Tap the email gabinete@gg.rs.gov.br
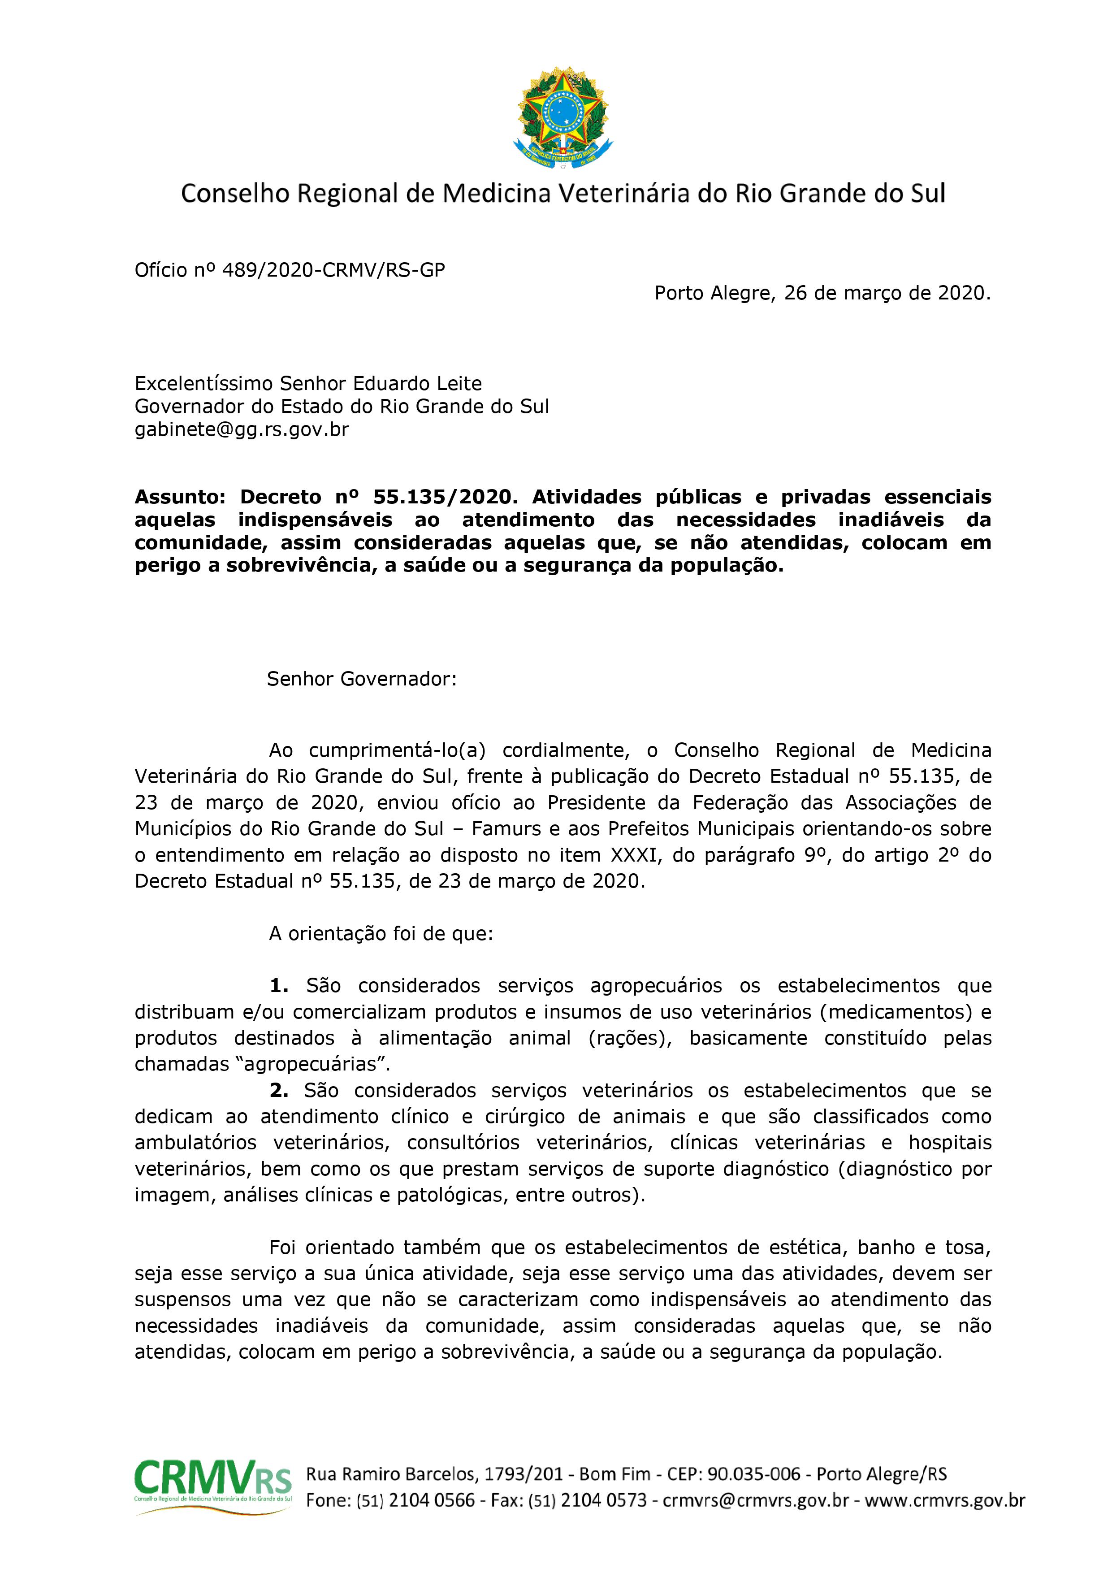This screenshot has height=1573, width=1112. pyautogui.click(x=242, y=429)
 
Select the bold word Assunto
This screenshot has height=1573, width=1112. pyautogui.click(x=180, y=496)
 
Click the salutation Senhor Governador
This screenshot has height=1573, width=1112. pyautogui.click(x=361, y=679)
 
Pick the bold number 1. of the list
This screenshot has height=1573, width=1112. pyautogui.click(x=279, y=986)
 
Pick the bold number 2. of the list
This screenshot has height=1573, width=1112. pyautogui.click(x=279, y=1090)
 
